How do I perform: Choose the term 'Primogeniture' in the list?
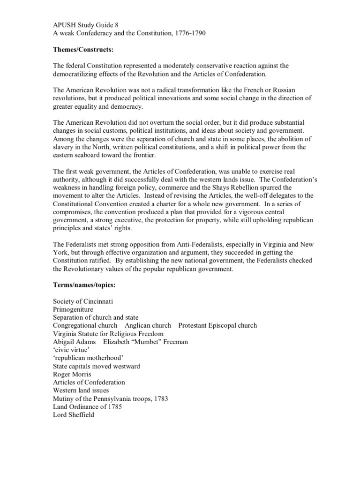[73, 309]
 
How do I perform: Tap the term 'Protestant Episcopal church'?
[217, 325]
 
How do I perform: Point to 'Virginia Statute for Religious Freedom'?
[108, 334]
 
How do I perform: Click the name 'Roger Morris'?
[72, 374]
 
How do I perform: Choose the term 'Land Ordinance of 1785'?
[87, 407]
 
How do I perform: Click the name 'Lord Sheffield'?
[74, 415]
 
